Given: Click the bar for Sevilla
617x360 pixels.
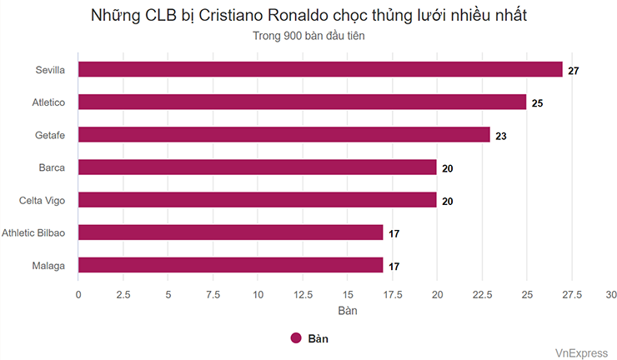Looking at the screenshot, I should coord(320,70).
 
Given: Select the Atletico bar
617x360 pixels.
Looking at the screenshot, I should coord(302,102).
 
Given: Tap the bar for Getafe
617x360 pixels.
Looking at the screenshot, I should coord(284,135).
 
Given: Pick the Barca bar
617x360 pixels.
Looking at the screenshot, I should coord(258,167).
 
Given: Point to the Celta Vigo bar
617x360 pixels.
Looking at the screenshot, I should coord(258,200).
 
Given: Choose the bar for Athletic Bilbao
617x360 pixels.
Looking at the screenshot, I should coord(231,232).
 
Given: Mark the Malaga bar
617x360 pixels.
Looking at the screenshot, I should coord(231,265).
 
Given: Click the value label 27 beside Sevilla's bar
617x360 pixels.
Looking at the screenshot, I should coord(574,71).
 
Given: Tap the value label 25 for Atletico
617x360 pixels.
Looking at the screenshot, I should coord(538,103).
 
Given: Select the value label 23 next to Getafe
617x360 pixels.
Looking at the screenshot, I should coord(501,136).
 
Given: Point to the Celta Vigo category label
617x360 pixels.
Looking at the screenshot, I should coord(43,200).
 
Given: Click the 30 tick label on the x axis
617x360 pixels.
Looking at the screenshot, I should coord(611,294).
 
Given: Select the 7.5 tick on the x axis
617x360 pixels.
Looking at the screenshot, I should coord(213,294).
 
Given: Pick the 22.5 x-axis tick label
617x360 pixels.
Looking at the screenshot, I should coord(481,294).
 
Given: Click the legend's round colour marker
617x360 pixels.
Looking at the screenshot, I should coord(295,337).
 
